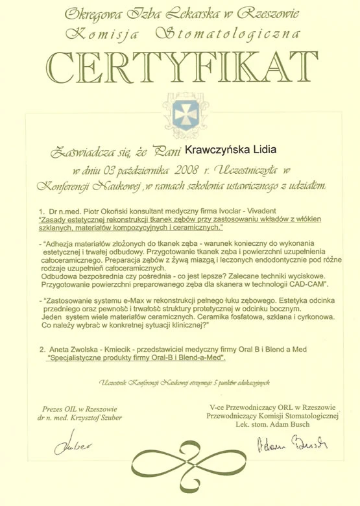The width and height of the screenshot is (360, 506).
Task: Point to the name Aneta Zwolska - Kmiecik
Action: [x=87, y=350]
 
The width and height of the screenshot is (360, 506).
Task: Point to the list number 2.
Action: [x=42, y=350]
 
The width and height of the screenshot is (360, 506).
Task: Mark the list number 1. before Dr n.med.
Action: [x=42, y=211]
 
